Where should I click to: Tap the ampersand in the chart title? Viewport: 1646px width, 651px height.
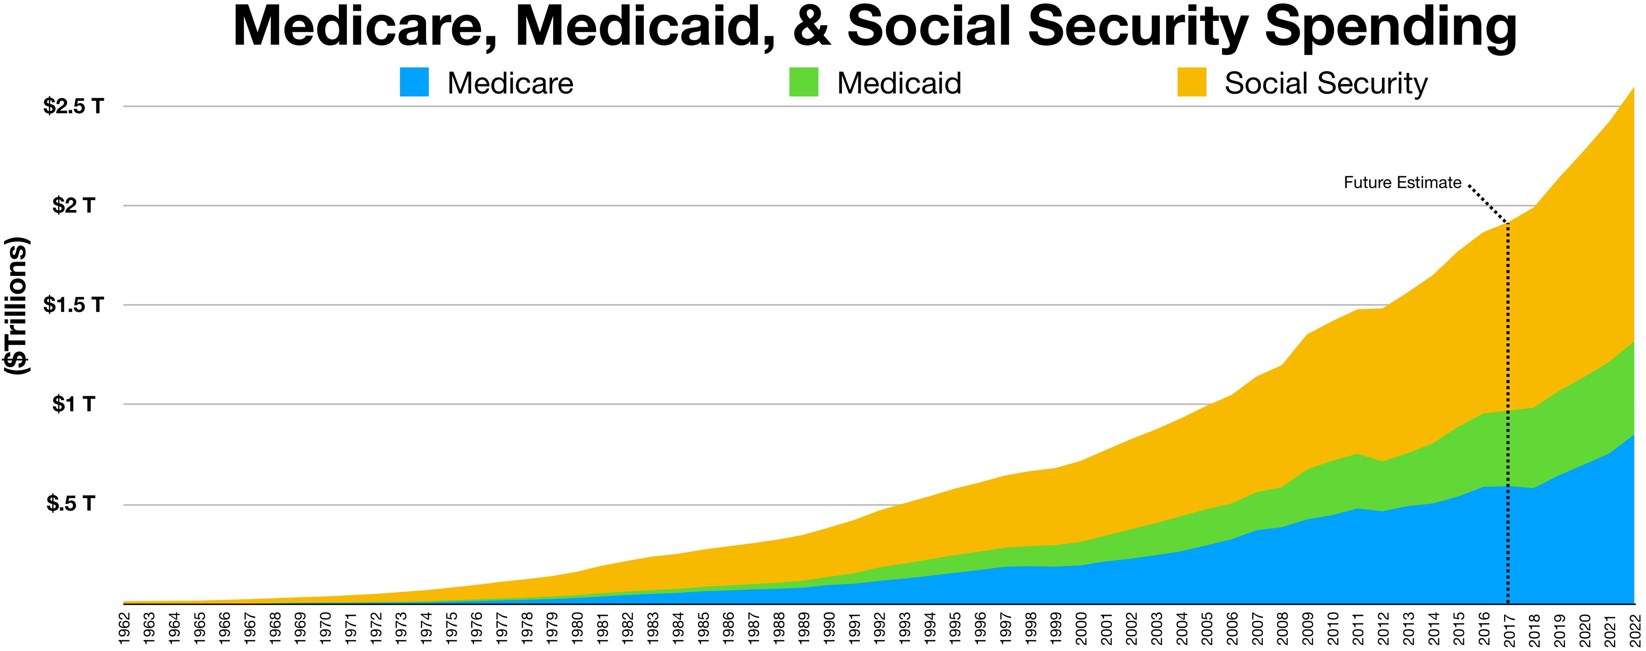coord(811,27)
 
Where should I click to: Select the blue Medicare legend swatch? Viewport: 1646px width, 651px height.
coord(414,82)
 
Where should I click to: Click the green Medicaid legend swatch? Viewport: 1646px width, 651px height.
coord(803,82)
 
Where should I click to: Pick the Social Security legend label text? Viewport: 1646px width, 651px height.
coord(1325,84)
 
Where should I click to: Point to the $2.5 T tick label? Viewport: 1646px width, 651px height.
coord(73,106)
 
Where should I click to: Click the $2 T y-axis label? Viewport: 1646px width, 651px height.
coord(73,206)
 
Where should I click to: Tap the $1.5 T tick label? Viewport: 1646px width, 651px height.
coord(73,305)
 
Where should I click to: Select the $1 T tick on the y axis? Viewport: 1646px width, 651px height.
coord(73,405)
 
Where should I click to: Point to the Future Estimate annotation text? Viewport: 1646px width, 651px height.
coord(1402,183)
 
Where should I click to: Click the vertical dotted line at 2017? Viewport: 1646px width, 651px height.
coord(1508,415)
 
